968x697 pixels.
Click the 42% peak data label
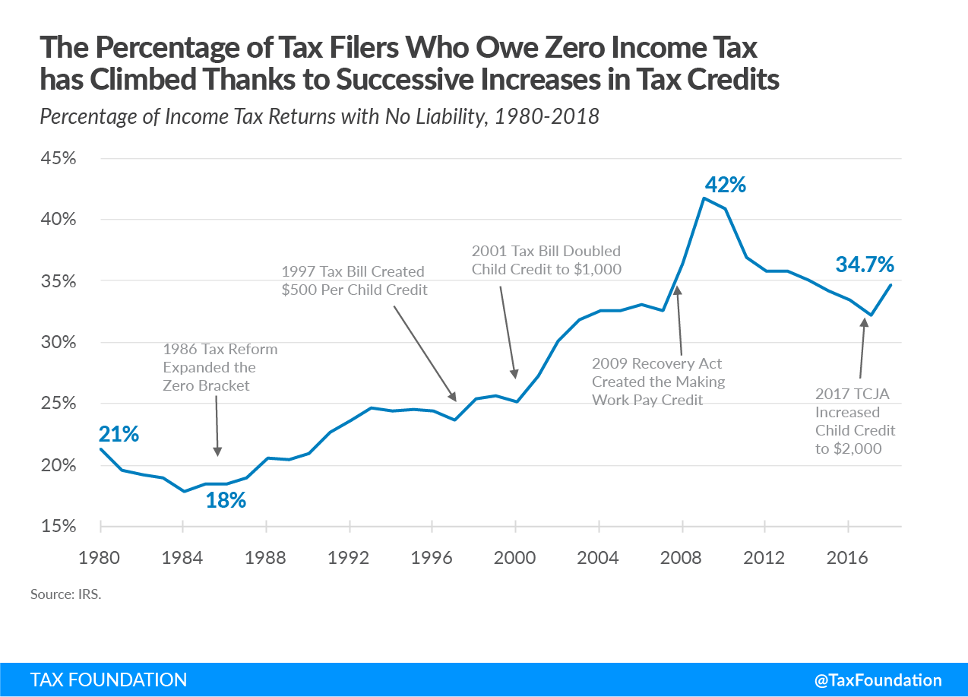click(726, 185)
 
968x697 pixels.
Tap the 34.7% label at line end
click(865, 265)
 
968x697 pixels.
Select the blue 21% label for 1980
click(119, 434)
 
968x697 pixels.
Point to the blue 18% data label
click(226, 500)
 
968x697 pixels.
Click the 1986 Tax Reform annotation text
click(220, 367)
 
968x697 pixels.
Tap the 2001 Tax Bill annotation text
click(546, 259)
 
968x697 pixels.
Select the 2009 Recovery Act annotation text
click(658, 381)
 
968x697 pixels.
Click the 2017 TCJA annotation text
click(855, 421)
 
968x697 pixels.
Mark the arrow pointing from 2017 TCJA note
click(862, 347)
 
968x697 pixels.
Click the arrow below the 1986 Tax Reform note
click(217, 426)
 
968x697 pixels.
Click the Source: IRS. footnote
click(65, 594)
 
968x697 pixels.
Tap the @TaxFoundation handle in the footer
click(878, 680)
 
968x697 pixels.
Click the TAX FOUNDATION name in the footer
click(109, 680)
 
